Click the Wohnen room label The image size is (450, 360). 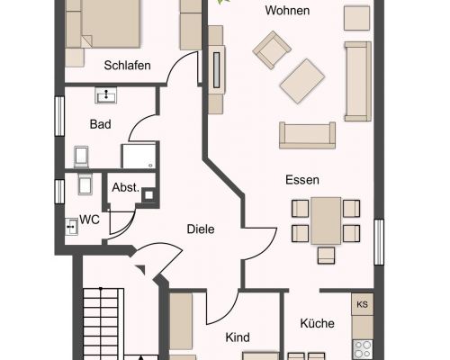click(x=287, y=11)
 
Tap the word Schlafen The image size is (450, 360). click(x=127, y=66)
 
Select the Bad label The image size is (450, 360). click(x=100, y=124)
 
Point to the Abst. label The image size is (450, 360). click(x=126, y=188)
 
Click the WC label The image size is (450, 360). click(x=89, y=220)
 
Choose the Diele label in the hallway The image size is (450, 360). click(x=201, y=229)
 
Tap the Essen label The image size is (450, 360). click(x=302, y=180)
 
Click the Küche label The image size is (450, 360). click(x=317, y=323)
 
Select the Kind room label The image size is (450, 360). click(x=238, y=337)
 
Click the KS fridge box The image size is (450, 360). click(x=363, y=304)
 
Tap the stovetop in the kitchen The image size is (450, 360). click(x=363, y=350)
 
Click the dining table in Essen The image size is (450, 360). click(x=326, y=220)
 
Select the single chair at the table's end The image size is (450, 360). click(x=326, y=256)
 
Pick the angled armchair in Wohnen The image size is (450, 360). click(x=272, y=50)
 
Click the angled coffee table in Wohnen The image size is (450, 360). click(x=302, y=81)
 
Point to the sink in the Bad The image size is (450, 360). click(x=106, y=95)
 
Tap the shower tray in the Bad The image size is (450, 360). click(x=139, y=156)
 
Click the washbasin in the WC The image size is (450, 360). click(x=71, y=227)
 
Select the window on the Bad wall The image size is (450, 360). click(x=59, y=116)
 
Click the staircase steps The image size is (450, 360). click(x=103, y=324)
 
